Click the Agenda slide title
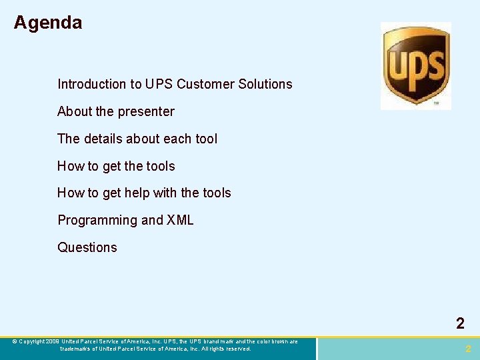(48, 23)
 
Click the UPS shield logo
(415, 65)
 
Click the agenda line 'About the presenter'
(116, 111)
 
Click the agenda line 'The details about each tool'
(137, 139)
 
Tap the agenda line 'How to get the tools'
(116, 166)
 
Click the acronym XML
(180, 220)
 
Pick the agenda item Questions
(87, 247)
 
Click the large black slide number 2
(460, 324)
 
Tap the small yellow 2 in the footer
(468, 349)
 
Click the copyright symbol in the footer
(15, 342)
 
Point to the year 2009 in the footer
(53, 342)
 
